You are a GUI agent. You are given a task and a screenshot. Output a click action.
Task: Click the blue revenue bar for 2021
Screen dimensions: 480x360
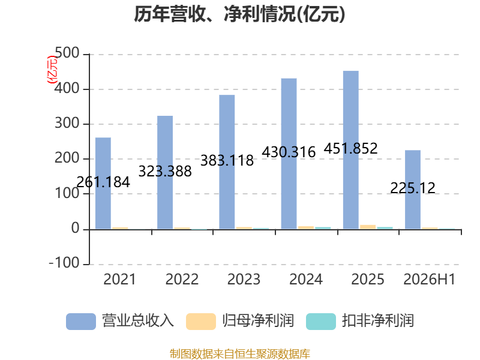[x=103, y=183]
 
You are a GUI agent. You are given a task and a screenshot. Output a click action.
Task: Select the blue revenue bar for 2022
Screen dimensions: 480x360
[x=165, y=172]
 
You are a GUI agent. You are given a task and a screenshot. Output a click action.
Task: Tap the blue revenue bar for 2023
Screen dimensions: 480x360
[x=227, y=162]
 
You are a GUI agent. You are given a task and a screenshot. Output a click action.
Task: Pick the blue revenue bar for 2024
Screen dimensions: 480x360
[x=289, y=154]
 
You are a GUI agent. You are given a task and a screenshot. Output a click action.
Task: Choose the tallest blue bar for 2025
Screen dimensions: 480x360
[x=351, y=150]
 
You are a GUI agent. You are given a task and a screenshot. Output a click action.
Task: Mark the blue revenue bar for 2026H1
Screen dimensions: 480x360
[x=413, y=190]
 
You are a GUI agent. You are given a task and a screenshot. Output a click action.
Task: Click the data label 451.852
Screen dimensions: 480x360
[x=351, y=149]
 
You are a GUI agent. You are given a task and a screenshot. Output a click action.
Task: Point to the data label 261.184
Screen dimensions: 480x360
[x=103, y=182]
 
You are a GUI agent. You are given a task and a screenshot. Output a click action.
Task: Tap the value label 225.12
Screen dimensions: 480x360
[x=413, y=188]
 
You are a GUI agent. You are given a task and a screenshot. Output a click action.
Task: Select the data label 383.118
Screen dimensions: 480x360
[x=227, y=161]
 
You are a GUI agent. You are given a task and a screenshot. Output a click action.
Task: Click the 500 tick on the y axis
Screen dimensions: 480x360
[x=67, y=53]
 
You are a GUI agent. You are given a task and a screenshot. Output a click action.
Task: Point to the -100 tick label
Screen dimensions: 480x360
[x=64, y=263]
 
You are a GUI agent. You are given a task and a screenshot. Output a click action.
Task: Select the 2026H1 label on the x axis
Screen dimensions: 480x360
[x=430, y=279]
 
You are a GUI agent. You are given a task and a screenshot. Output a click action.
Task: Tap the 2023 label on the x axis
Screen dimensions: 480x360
[x=244, y=279]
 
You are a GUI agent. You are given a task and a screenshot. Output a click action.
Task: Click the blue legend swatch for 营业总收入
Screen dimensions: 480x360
[x=81, y=322]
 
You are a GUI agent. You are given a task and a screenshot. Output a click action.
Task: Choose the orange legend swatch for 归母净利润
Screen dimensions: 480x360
[x=201, y=322]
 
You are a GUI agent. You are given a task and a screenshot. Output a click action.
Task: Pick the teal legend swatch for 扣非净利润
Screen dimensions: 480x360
[x=321, y=322]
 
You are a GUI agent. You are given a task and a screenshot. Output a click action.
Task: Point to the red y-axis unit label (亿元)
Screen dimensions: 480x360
[x=52, y=70]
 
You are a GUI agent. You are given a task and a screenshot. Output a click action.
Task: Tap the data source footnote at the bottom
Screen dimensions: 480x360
[x=240, y=354]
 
